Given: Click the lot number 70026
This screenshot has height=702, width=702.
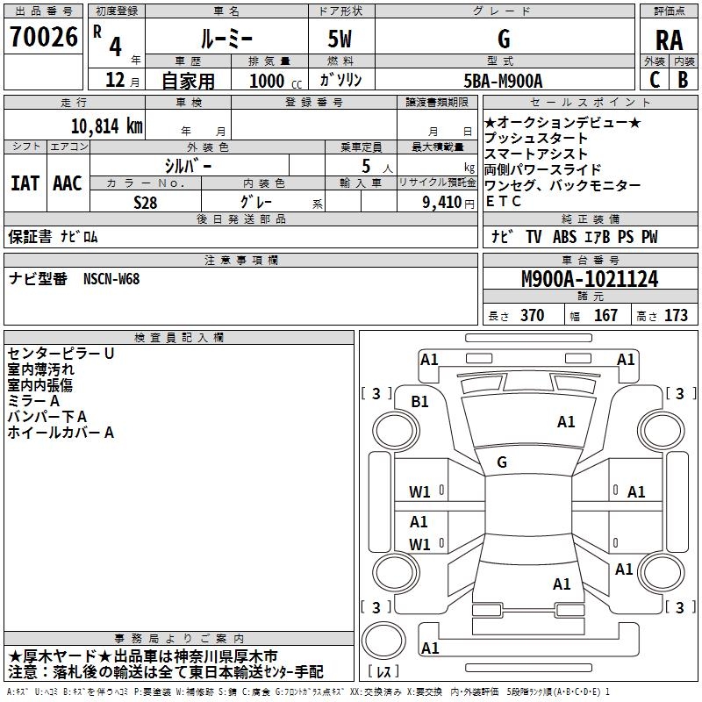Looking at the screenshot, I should click(x=43, y=38).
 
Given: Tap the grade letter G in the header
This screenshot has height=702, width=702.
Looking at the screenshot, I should click(x=503, y=39).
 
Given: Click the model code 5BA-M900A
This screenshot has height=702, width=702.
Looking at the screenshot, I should click(x=503, y=81).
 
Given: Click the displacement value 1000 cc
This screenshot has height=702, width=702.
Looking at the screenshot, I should click(x=274, y=81).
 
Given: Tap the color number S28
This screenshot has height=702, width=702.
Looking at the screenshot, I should click(x=145, y=201).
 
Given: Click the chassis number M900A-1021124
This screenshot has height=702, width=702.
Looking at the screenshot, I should click(x=589, y=279).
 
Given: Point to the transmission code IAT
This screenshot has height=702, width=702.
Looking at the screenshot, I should click(x=25, y=183).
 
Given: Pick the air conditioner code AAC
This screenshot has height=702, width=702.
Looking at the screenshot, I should click(x=68, y=183).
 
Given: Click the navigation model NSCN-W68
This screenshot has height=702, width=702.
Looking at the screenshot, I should click(x=111, y=279).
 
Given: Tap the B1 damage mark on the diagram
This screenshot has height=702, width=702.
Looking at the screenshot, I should click(x=420, y=401).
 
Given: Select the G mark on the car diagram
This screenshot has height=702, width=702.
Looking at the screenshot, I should click(x=502, y=462).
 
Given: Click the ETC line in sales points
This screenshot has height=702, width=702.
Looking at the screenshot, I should click(x=504, y=201).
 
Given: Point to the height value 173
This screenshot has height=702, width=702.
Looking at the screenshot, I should click(x=676, y=315).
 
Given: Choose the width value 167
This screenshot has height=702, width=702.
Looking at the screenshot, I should click(x=605, y=315).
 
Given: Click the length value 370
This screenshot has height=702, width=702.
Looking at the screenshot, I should click(x=532, y=315).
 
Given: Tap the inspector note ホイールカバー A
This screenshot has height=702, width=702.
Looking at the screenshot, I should click(x=61, y=432).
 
